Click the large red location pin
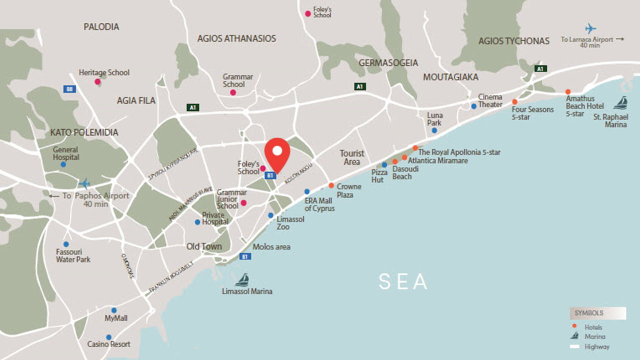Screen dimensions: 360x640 277,152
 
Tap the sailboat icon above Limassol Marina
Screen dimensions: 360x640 242,279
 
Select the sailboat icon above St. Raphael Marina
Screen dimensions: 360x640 620,103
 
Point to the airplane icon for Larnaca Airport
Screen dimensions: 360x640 591,29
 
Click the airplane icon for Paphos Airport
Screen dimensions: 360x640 84,183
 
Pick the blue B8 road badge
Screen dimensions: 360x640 70,89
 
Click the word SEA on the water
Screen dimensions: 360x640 403,281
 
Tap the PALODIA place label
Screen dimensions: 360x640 101,27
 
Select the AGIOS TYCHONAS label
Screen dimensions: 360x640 513,41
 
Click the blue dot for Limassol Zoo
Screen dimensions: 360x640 270,215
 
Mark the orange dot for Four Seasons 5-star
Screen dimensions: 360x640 514,101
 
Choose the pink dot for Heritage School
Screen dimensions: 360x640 97,81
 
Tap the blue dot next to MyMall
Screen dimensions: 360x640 114,310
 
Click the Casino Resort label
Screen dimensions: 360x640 108,344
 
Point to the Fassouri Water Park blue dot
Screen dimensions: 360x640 66,244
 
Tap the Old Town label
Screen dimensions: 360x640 204,246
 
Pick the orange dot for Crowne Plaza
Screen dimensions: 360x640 331,185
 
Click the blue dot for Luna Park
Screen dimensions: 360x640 434,130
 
